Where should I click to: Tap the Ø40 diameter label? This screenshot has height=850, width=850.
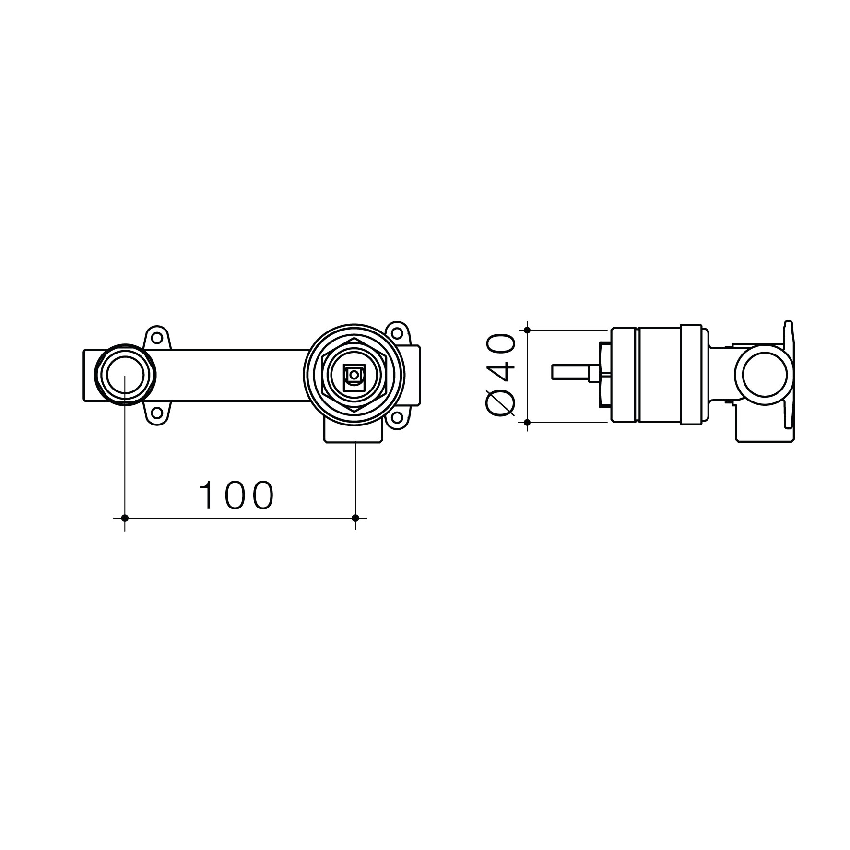500,376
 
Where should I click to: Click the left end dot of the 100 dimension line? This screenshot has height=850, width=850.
125,518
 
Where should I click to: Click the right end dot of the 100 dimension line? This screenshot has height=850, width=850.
355,518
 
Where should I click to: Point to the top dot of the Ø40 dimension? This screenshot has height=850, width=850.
527,330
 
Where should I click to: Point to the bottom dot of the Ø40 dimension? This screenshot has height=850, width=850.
527,422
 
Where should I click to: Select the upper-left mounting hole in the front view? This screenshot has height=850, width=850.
156,338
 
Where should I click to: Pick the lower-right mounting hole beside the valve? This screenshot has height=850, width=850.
398,418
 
